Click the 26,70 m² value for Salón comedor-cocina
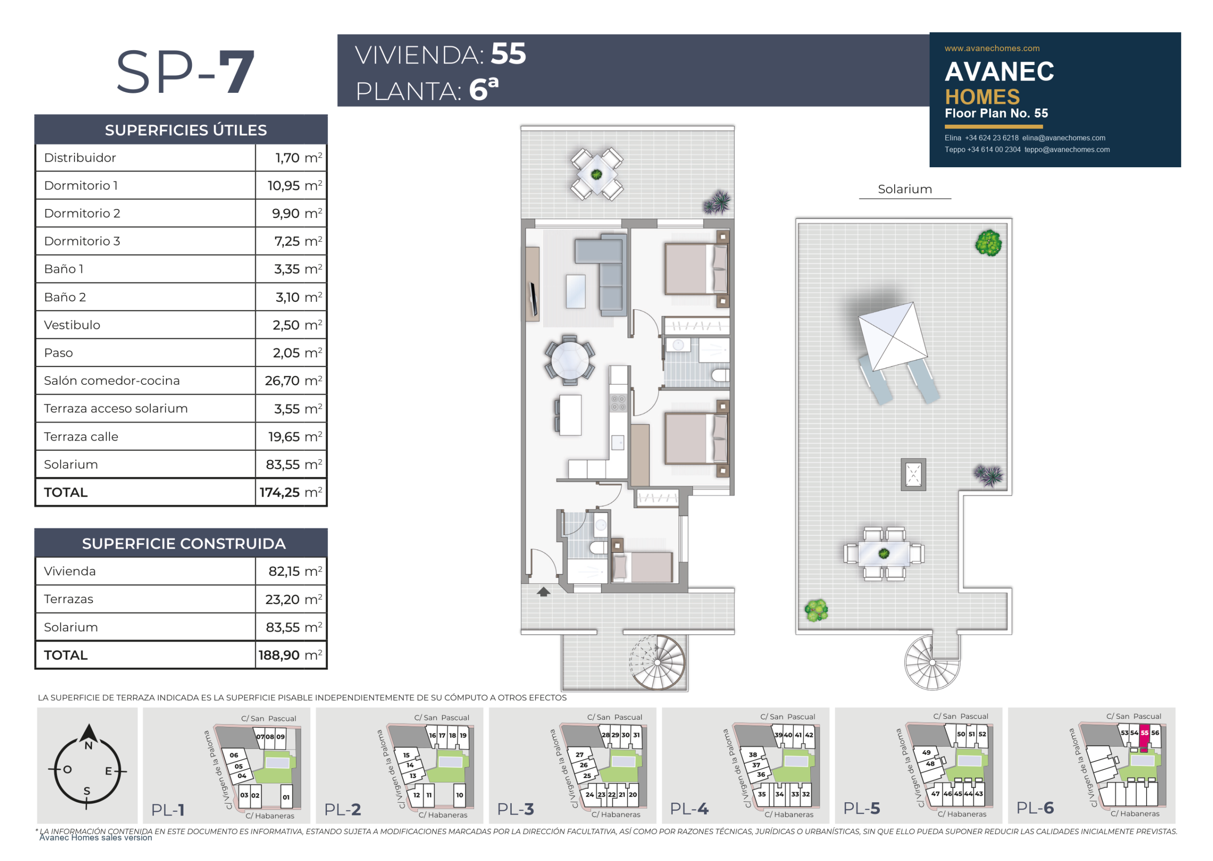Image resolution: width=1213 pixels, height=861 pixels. click(x=293, y=381)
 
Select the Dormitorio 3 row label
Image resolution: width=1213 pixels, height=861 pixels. click(x=82, y=241)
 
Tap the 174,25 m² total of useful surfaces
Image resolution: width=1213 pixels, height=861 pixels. click(x=290, y=492)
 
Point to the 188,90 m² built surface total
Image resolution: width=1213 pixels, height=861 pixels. click(x=290, y=655)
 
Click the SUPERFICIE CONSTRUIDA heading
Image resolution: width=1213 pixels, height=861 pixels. click(x=183, y=544)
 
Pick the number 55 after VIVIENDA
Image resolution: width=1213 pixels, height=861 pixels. click(x=508, y=54)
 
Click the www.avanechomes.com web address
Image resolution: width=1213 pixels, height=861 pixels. click(x=992, y=48)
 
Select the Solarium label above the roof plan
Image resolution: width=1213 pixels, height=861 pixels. click(x=905, y=189)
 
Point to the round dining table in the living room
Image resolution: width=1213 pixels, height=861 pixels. click(x=570, y=360)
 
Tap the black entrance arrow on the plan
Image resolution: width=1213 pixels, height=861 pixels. click(x=543, y=592)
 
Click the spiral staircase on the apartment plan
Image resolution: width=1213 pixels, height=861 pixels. click(x=657, y=662)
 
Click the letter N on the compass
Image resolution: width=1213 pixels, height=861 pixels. click(x=89, y=745)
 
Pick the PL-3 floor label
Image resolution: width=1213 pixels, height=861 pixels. click(x=516, y=809)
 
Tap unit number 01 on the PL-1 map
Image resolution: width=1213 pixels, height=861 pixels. click(x=286, y=797)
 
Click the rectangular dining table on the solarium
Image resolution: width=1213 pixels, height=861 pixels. click(x=884, y=553)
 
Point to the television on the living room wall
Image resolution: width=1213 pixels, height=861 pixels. click(x=534, y=299)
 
